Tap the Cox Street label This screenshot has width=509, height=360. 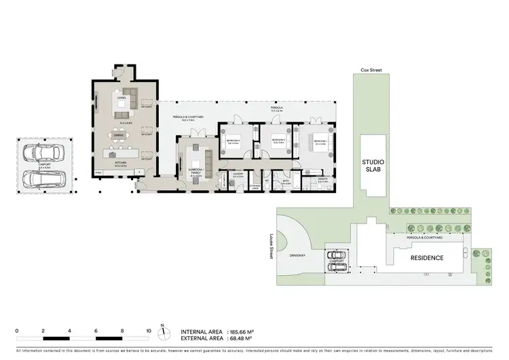point(372,70)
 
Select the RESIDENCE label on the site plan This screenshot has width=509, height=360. point(427,258)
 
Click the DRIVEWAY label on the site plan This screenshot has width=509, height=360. point(298,256)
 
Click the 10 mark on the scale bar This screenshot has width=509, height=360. point(149,331)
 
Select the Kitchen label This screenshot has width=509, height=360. point(121,164)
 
